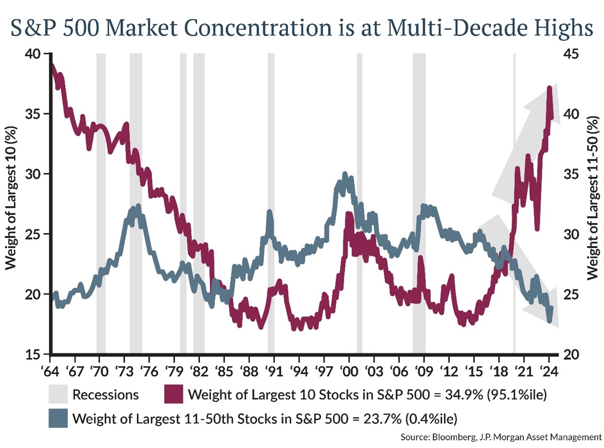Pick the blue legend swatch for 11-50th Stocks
58,418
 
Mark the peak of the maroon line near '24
549,89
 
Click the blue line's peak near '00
345,174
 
